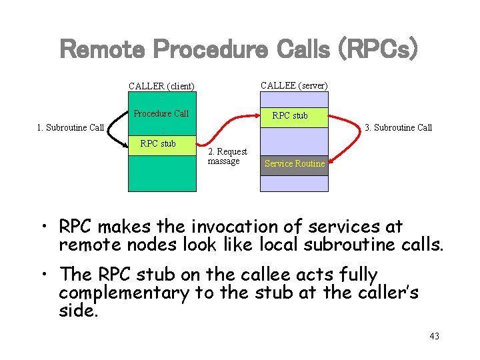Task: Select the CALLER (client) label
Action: (161, 86)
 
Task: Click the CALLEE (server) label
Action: (294, 85)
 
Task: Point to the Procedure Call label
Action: (161, 113)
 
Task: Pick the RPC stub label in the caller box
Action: (158, 143)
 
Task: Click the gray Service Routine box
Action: (294, 164)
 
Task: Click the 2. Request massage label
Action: (227, 157)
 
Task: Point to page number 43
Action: (434, 336)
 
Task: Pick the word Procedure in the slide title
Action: (221, 49)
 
